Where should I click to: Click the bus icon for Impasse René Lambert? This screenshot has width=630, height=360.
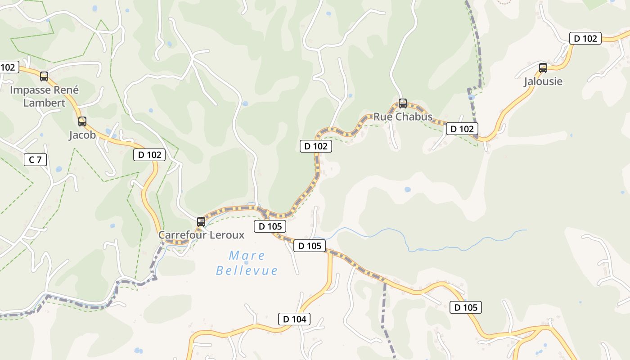[x=44, y=76]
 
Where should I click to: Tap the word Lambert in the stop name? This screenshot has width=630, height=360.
[x=44, y=103]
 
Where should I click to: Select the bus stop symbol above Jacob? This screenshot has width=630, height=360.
[x=82, y=121]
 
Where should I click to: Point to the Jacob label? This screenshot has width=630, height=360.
[x=82, y=135]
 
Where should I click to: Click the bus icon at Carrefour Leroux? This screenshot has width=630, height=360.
[x=201, y=222]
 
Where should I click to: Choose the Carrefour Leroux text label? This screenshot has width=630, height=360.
[x=201, y=235]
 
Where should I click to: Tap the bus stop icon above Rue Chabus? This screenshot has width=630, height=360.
[x=403, y=103]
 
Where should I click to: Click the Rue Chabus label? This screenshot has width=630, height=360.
[x=403, y=117]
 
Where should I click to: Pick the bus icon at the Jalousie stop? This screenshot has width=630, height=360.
[x=543, y=68]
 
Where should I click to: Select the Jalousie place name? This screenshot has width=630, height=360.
[x=543, y=82]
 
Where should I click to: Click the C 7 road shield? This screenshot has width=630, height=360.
[x=35, y=159]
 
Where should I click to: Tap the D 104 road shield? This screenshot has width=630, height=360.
[x=294, y=319]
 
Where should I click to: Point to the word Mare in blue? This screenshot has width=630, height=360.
[x=247, y=256]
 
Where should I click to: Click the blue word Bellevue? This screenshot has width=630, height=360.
[x=247, y=270]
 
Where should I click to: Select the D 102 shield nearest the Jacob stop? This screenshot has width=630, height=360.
[x=149, y=155]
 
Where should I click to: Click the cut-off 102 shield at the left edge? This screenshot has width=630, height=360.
[x=8, y=67]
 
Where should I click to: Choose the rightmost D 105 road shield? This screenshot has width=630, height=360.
[x=466, y=307]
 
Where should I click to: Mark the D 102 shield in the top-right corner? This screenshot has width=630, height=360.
[x=585, y=38]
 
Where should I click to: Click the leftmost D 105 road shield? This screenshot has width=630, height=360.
[x=270, y=226]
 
